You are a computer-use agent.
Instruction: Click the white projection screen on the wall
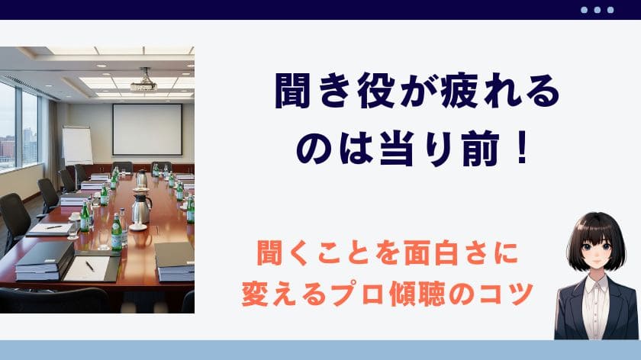point(147,130)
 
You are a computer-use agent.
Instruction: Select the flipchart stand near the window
point(77,145)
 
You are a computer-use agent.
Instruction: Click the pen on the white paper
point(89,266)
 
